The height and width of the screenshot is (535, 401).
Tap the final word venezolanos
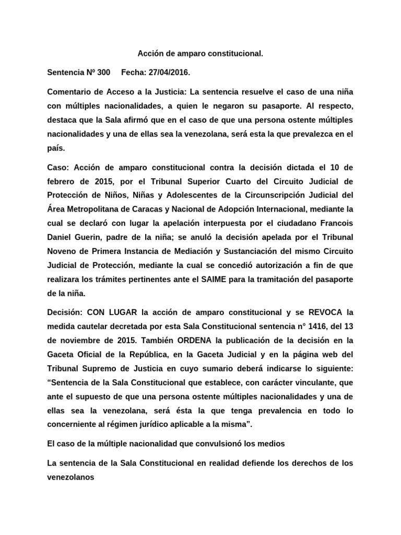click(70, 476)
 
